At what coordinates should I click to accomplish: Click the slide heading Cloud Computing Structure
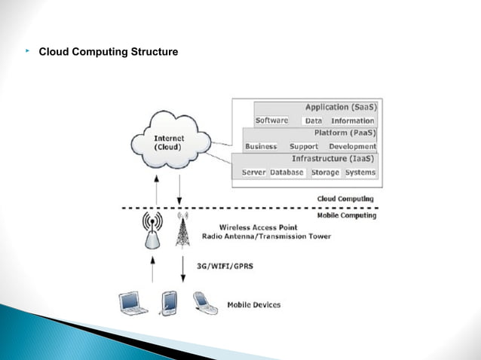108,52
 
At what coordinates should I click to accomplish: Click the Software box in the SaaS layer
271,121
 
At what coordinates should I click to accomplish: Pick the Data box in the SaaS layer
314,121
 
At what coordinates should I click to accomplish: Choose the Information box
352,121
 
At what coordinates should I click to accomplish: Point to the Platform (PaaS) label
345,133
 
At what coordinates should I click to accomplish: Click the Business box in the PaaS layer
261,146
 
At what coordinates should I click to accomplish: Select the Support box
304,146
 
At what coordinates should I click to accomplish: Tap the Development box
352,146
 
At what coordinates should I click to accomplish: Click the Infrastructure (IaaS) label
332,160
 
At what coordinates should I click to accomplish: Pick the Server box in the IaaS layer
253,172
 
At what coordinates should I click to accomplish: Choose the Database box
286,172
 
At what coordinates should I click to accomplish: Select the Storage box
325,172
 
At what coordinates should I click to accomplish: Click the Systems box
360,172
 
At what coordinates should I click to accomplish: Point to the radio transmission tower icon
181,230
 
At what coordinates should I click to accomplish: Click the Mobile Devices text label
253,305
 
